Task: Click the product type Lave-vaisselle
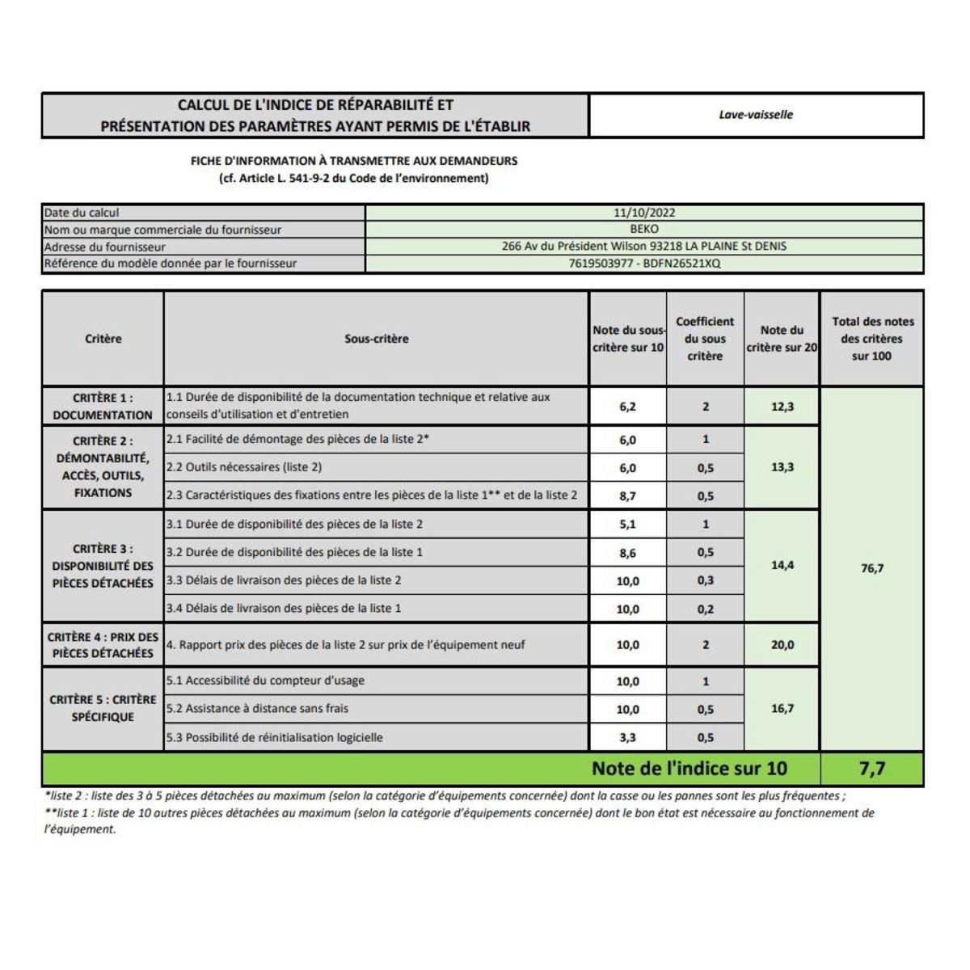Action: point(756,115)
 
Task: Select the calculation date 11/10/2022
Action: point(644,213)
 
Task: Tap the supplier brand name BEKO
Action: point(644,229)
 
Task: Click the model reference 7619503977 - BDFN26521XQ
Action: point(644,264)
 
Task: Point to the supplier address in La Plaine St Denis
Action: point(644,246)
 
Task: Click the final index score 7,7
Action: point(871,769)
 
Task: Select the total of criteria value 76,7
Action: point(871,568)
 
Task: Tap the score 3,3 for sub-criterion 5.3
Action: point(627,737)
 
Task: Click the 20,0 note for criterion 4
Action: point(782,645)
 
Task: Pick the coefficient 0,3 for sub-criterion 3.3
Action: point(705,580)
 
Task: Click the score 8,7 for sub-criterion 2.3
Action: point(627,496)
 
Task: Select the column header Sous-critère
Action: point(376,339)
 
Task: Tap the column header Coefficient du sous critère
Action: point(705,339)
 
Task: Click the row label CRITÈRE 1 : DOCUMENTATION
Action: point(103,407)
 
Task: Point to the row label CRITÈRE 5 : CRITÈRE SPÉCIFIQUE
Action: point(103,708)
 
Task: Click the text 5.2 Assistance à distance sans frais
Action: point(257,709)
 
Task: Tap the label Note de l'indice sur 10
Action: point(689,769)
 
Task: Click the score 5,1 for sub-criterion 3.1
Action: point(627,524)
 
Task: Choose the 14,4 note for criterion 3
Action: point(782,565)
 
